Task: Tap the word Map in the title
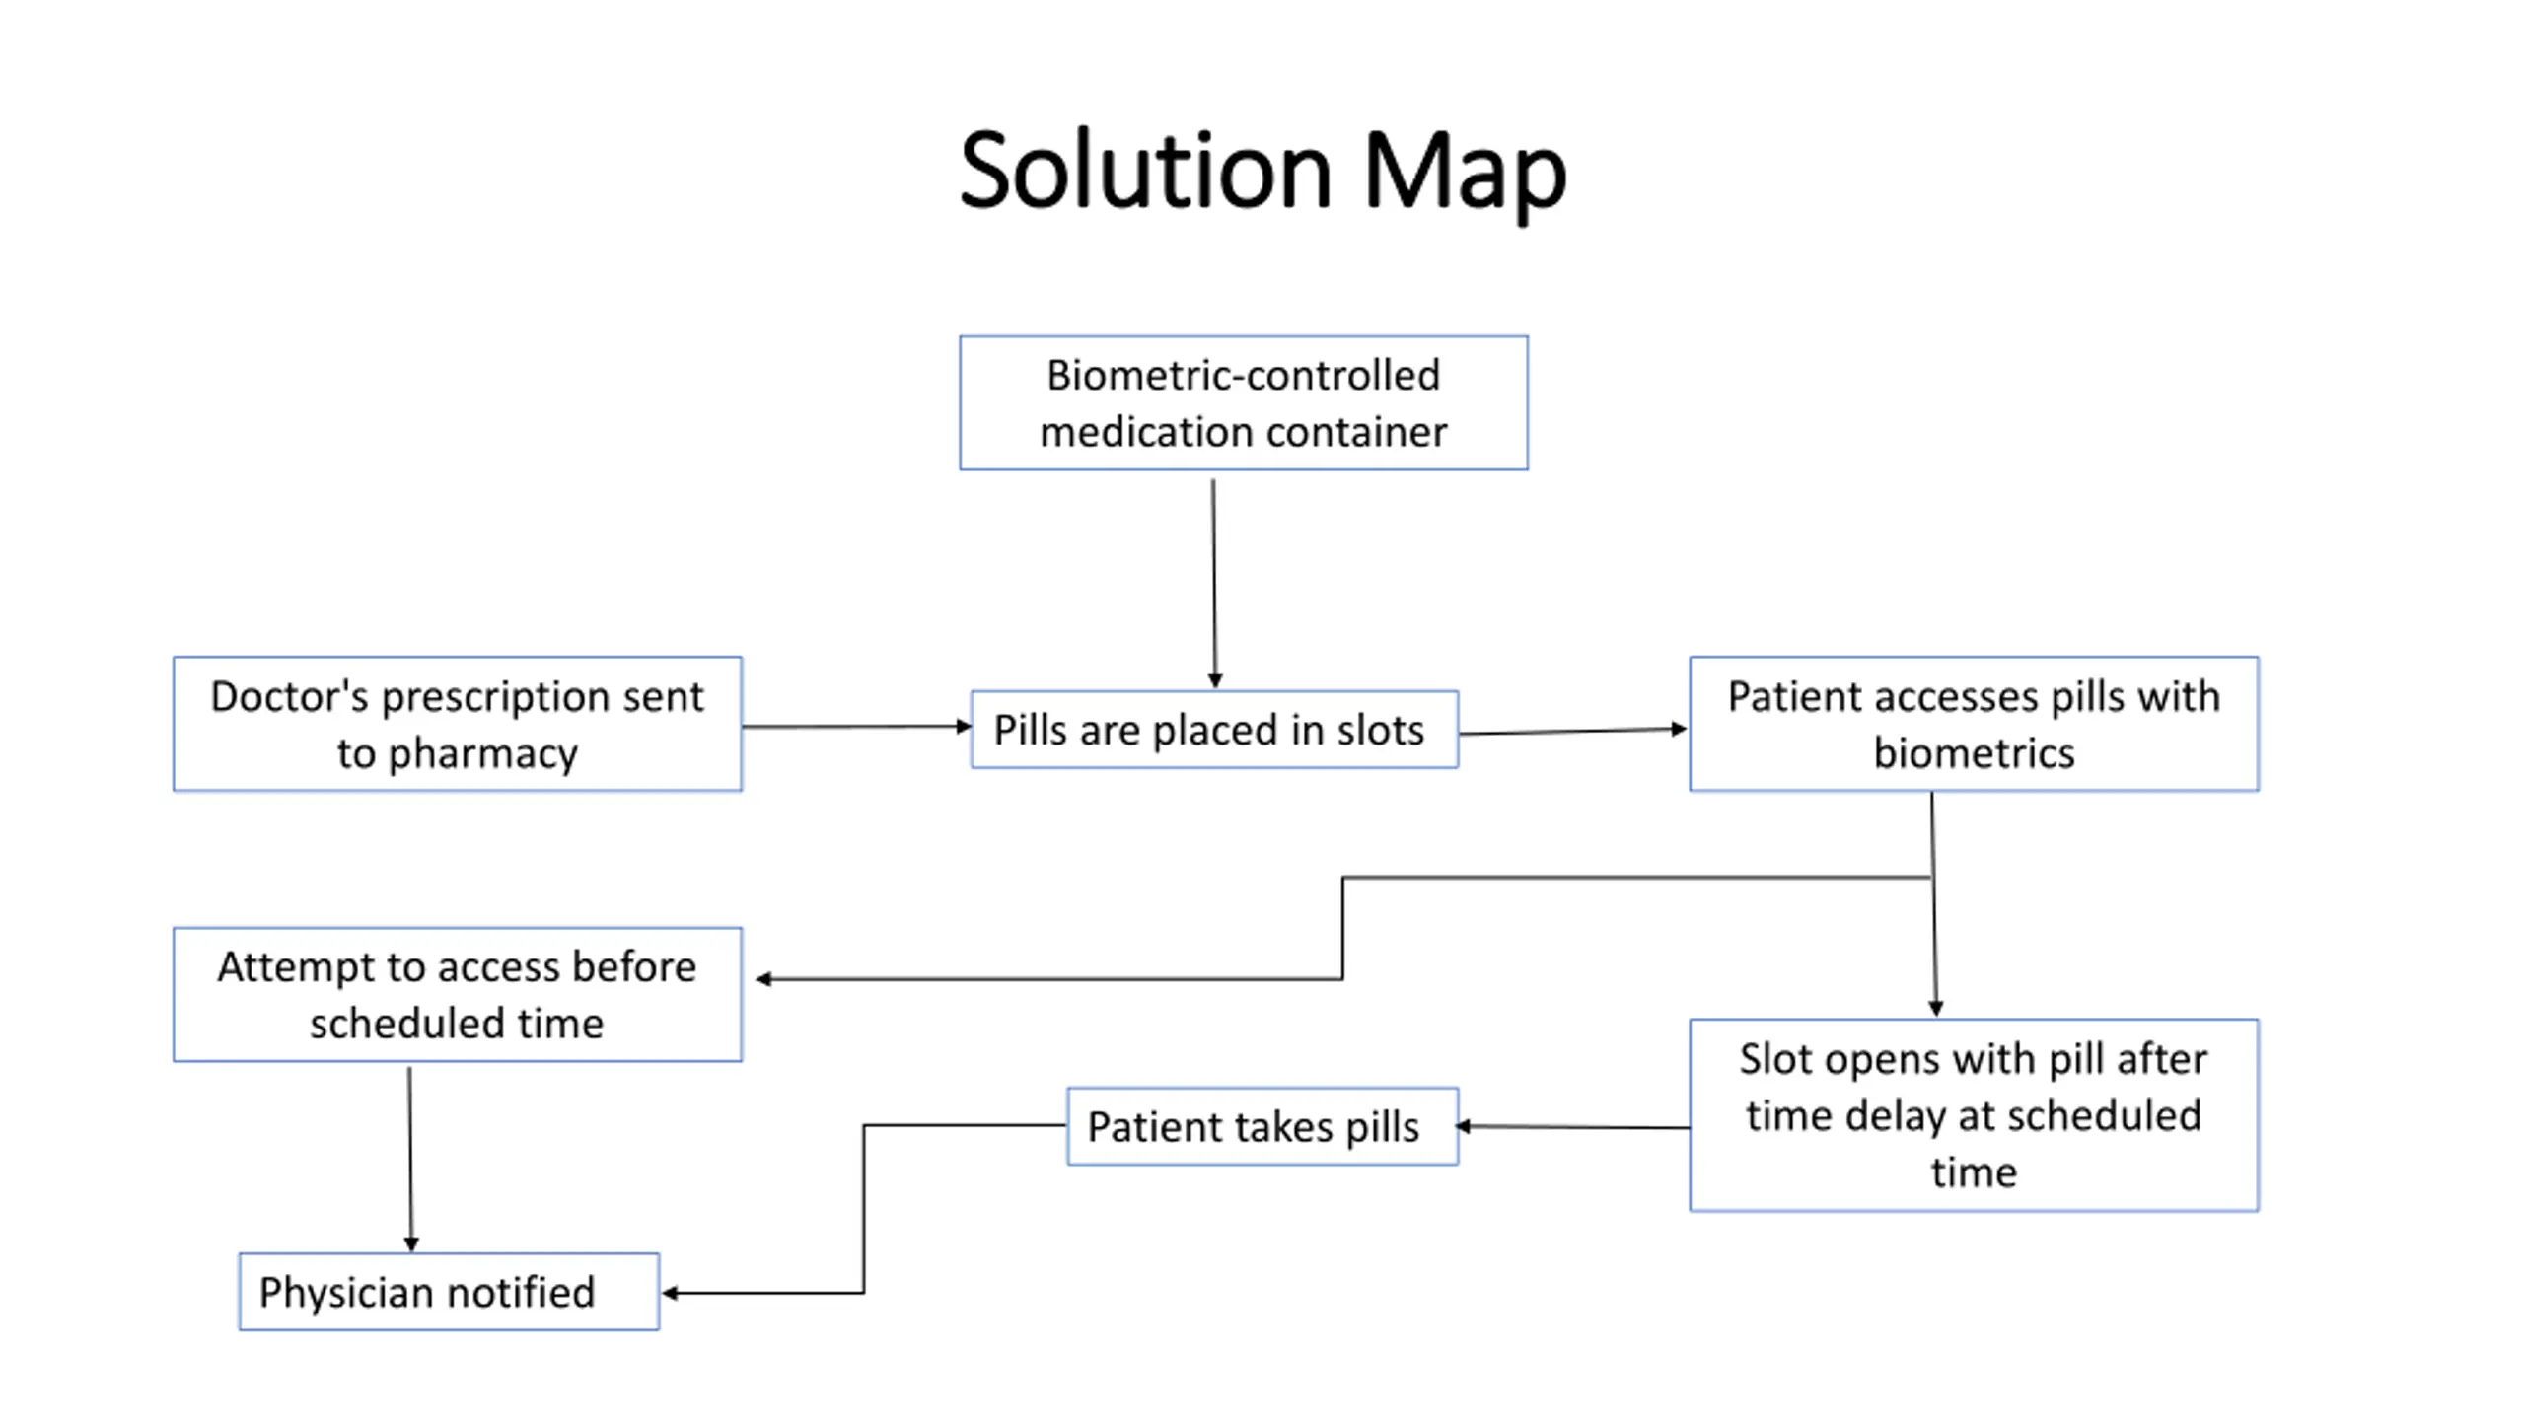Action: point(1465,176)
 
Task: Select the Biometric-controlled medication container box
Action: point(1244,403)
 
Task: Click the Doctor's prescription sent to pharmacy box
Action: point(458,724)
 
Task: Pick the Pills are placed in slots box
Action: point(1214,730)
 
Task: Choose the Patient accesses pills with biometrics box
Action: point(1974,724)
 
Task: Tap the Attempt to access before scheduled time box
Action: point(458,994)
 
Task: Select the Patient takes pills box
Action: point(1262,1126)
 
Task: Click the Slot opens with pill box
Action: point(1974,1115)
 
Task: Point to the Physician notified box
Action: point(449,1292)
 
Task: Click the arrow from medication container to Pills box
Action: point(1214,584)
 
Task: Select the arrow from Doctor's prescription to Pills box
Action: point(857,727)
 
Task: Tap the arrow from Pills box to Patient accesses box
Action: point(1573,732)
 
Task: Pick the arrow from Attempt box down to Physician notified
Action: point(410,1160)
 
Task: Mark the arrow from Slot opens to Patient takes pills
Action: point(1572,1127)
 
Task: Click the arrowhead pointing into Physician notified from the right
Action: point(670,1293)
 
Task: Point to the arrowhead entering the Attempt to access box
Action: point(763,979)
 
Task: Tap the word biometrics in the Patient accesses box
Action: point(1974,753)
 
